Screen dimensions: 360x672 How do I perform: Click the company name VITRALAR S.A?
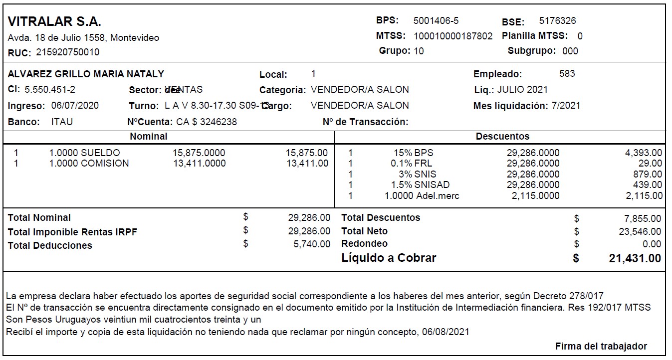[x=55, y=22]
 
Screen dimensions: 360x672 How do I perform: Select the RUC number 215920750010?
[x=67, y=52]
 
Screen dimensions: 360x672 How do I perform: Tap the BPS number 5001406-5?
[x=436, y=21]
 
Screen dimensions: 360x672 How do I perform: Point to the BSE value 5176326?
[x=557, y=21]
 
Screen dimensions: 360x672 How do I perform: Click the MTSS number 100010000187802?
[x=453, y=36]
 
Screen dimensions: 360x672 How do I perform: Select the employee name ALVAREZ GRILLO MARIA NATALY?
[x=86, y=74]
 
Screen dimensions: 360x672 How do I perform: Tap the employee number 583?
[x=567, y=74]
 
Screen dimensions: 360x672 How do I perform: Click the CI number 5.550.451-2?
[x=50, y=90]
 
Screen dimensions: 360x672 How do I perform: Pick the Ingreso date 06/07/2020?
[x=75, y=106]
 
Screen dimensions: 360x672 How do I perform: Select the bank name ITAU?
[x=62, y=122]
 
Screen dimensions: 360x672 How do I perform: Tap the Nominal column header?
[x=149, y=136]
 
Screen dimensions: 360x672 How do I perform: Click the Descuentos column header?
[x=502, y=136]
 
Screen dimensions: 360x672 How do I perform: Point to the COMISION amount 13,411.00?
[x=307, y=164]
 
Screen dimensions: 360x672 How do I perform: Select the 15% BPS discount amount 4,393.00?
[x=644, y=153]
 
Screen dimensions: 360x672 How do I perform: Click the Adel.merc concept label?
[x=438, y=196]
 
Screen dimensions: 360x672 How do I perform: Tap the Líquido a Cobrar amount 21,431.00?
[x=635, y=258]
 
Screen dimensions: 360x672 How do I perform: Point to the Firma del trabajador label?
[x=601, y=346]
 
